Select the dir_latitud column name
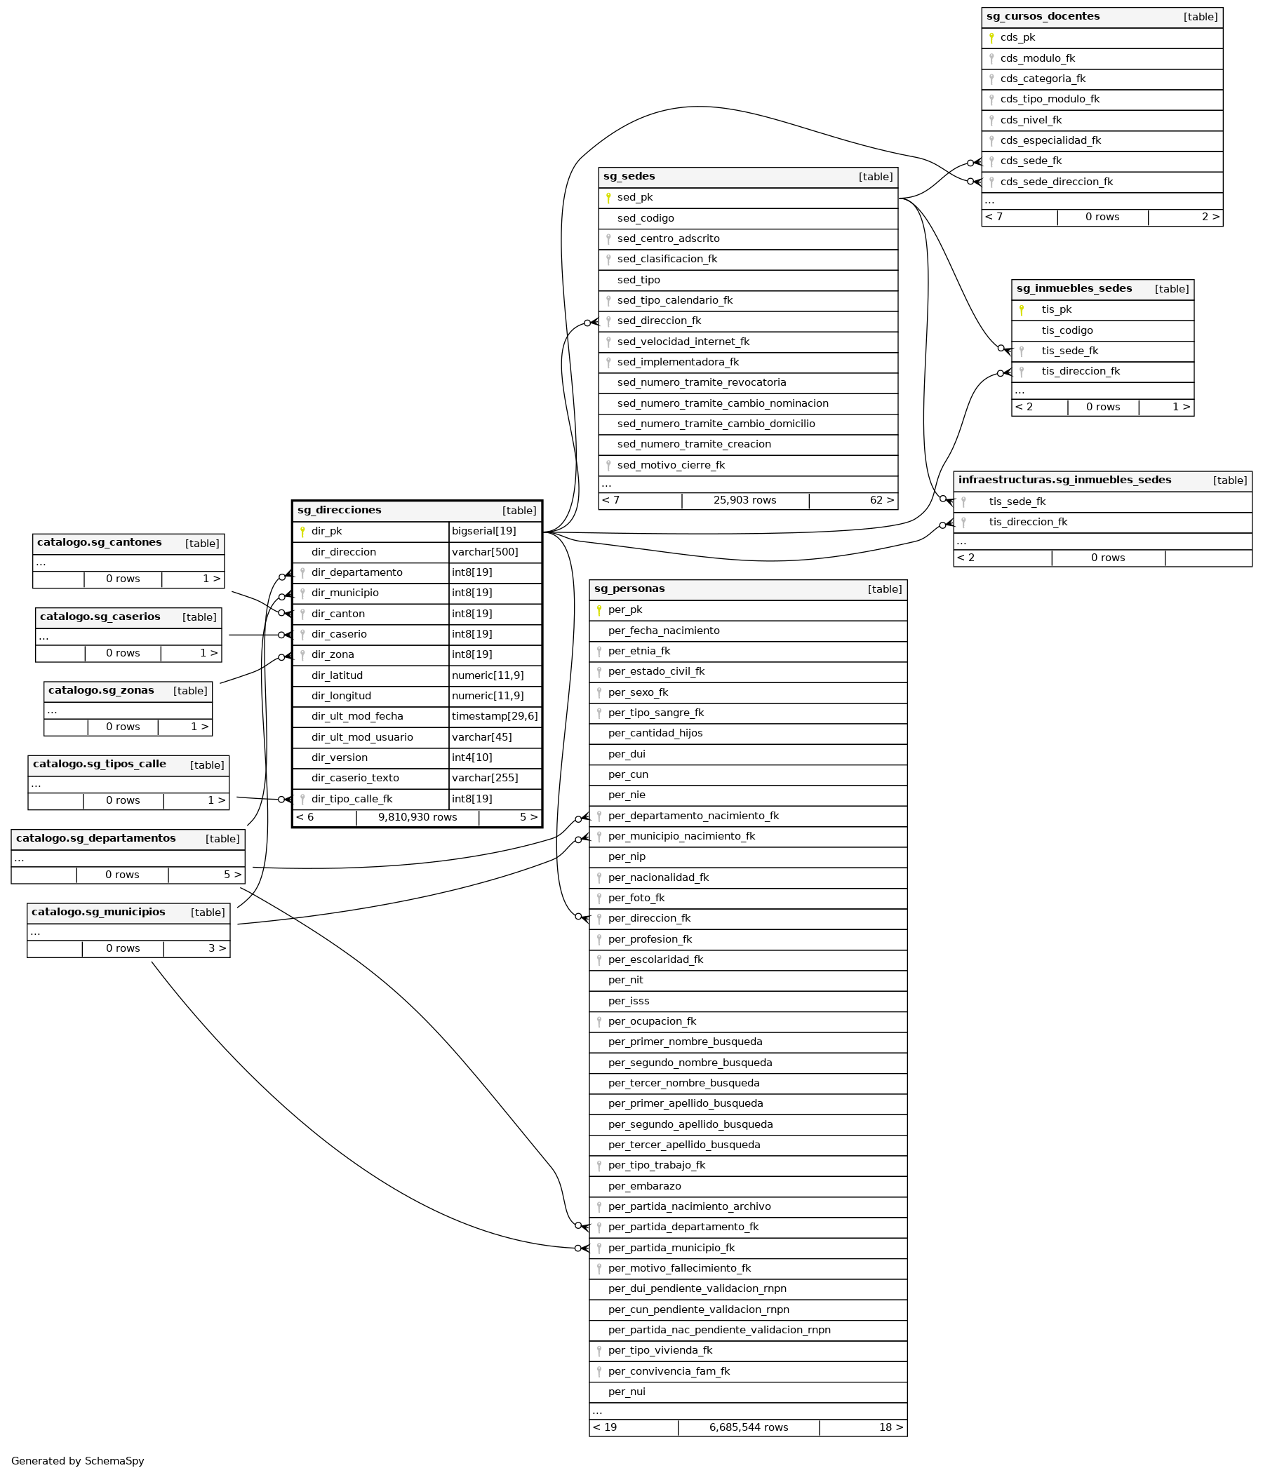pyautogui.click(x=337, y=675)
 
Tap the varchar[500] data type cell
pyautogui.click(x=484, y=552)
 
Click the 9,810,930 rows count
pyautogui.click(x=417, y=816)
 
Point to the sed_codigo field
pyautogui.click(x=646, y=218)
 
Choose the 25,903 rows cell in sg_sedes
pyautogui.click(x=744, y=500)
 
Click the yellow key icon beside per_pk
pyautogui.click(x=599, y=609)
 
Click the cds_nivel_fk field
pyautogui.click(x=1031, y=120)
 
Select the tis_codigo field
pyautogui.click(x=1067, y=330)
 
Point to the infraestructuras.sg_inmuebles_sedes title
pyautogui.click(x=1064, y=480)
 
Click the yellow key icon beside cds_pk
pyautogui.click(x=991, y=38)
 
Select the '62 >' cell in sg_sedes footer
pyautogui.click(x=881, y=500)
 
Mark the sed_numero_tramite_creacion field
pyautogui.click(x=694, y=444)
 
